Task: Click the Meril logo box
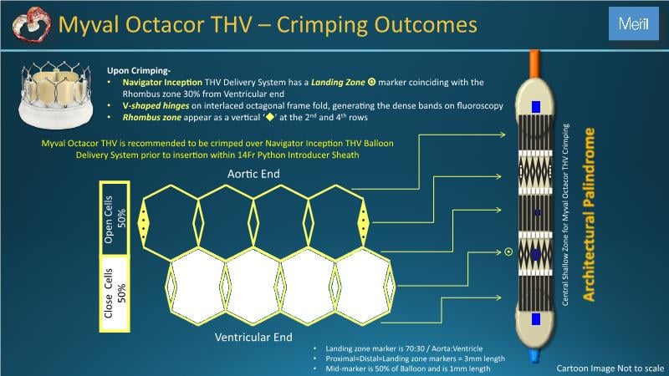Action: (634, 23)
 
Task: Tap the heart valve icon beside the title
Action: (31, 24)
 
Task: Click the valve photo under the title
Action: (55, 94)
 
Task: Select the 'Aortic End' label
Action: (253, 174)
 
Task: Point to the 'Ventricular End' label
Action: (253, 338)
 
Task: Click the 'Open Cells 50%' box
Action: (115, 219)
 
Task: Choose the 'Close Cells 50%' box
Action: (115, 294)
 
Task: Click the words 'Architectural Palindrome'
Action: (589, 215)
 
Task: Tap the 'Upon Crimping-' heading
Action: (139, 71)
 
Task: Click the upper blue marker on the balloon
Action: (536, 107)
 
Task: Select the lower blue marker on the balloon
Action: (536, 319)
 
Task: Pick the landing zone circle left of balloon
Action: (508, 252)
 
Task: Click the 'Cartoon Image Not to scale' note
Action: (610, 368)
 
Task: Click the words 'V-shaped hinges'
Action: (156, 106)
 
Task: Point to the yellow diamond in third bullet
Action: (269, 117)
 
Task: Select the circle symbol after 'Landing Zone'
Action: (371, 82)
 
